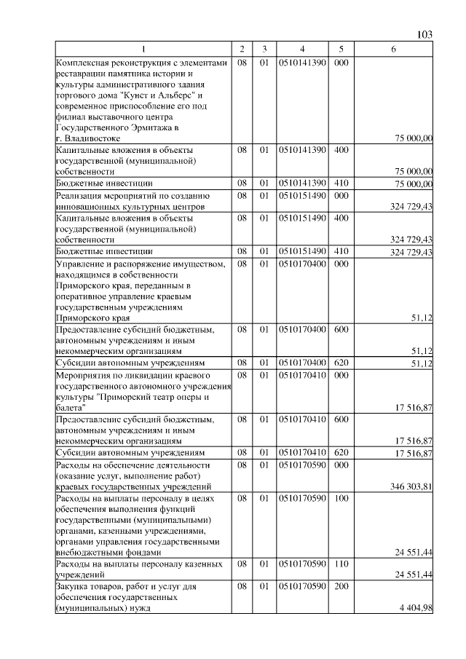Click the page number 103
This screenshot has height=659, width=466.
(426, 35)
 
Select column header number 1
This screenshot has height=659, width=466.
(143, 49)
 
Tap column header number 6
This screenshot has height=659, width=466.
(393, 49)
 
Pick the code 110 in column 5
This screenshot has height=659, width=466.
(340, 565)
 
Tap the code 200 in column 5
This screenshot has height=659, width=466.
(340, 585)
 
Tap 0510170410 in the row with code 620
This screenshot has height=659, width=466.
(302, 453)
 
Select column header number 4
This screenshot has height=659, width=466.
(302, 49)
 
